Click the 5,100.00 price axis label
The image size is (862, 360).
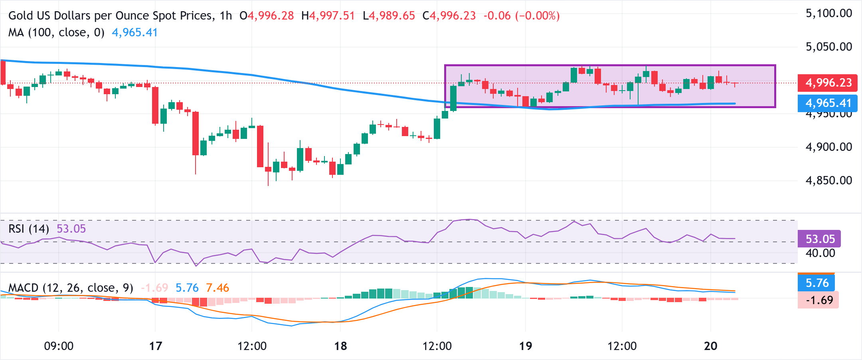tap(828, 14)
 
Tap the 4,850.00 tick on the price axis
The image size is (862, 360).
tap(828, 180)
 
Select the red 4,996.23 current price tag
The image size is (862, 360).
tap(828, 83)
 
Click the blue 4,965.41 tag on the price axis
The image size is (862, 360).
tap(828, 103)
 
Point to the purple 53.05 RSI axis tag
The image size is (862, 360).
tap(820, 239)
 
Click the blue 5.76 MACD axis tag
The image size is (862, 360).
tap(817, 283)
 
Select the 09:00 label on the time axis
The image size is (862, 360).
tap(59, 346)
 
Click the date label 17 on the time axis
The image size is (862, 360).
tap(155, 346)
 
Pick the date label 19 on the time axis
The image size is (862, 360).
tap(525, 346)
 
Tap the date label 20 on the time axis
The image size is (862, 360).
tap(710, 346)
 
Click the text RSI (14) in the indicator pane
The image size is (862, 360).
tap(29, 229)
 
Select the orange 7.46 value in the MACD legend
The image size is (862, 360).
tap(217, 288)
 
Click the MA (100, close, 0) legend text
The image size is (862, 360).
tap(56, 32)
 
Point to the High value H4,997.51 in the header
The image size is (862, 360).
tap(328, 16)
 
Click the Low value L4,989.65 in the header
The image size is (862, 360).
tap(389, 16)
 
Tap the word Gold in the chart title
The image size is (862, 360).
tap(21, 16)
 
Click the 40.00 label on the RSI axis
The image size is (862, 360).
tap(820, 253)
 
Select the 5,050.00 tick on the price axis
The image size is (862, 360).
tap(828, 47)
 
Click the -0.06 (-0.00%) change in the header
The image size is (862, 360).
tap(521, 16)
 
